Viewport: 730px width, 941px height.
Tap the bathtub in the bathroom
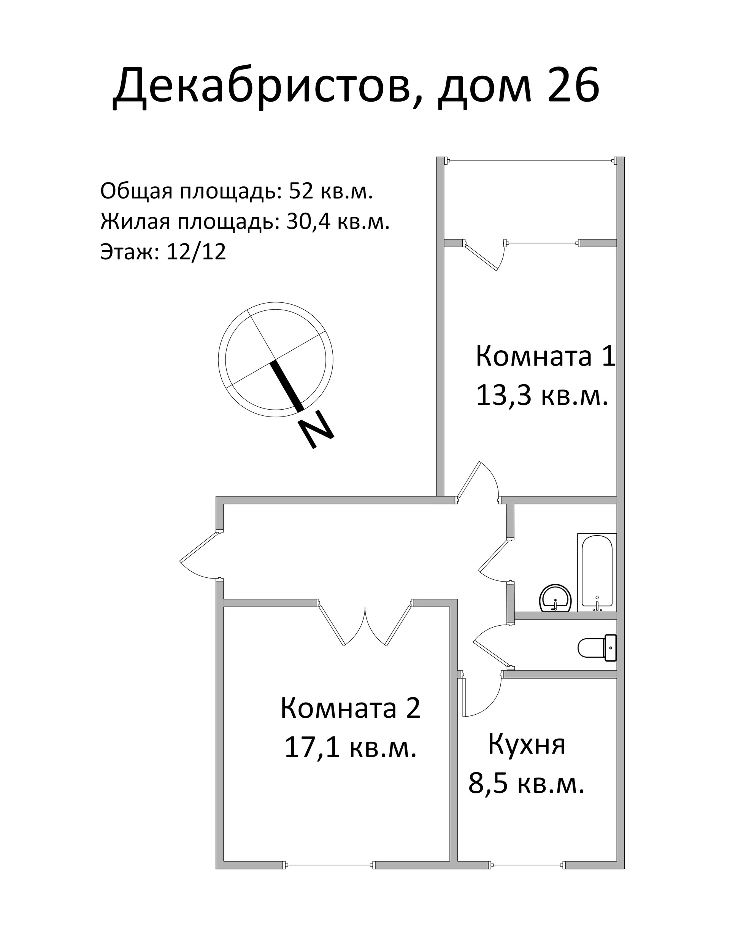tap(597, 572)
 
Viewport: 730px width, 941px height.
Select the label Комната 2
tap(350, 708)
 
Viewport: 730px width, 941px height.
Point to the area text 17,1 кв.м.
tap(350, 747)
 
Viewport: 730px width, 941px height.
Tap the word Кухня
tap(526, 744)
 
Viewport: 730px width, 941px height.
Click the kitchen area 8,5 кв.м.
tap(526, 783)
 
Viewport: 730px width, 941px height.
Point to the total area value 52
tap(301, 191)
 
